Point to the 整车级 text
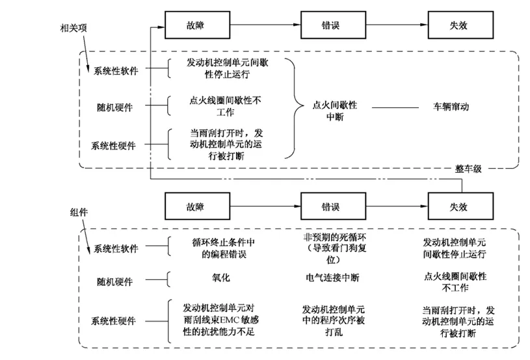pyautogui.click(x=468, y=168)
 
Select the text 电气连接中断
pyautogui.click(x=332, y=277)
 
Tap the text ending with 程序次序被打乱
pyautogui.click(x=332, y=320)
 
